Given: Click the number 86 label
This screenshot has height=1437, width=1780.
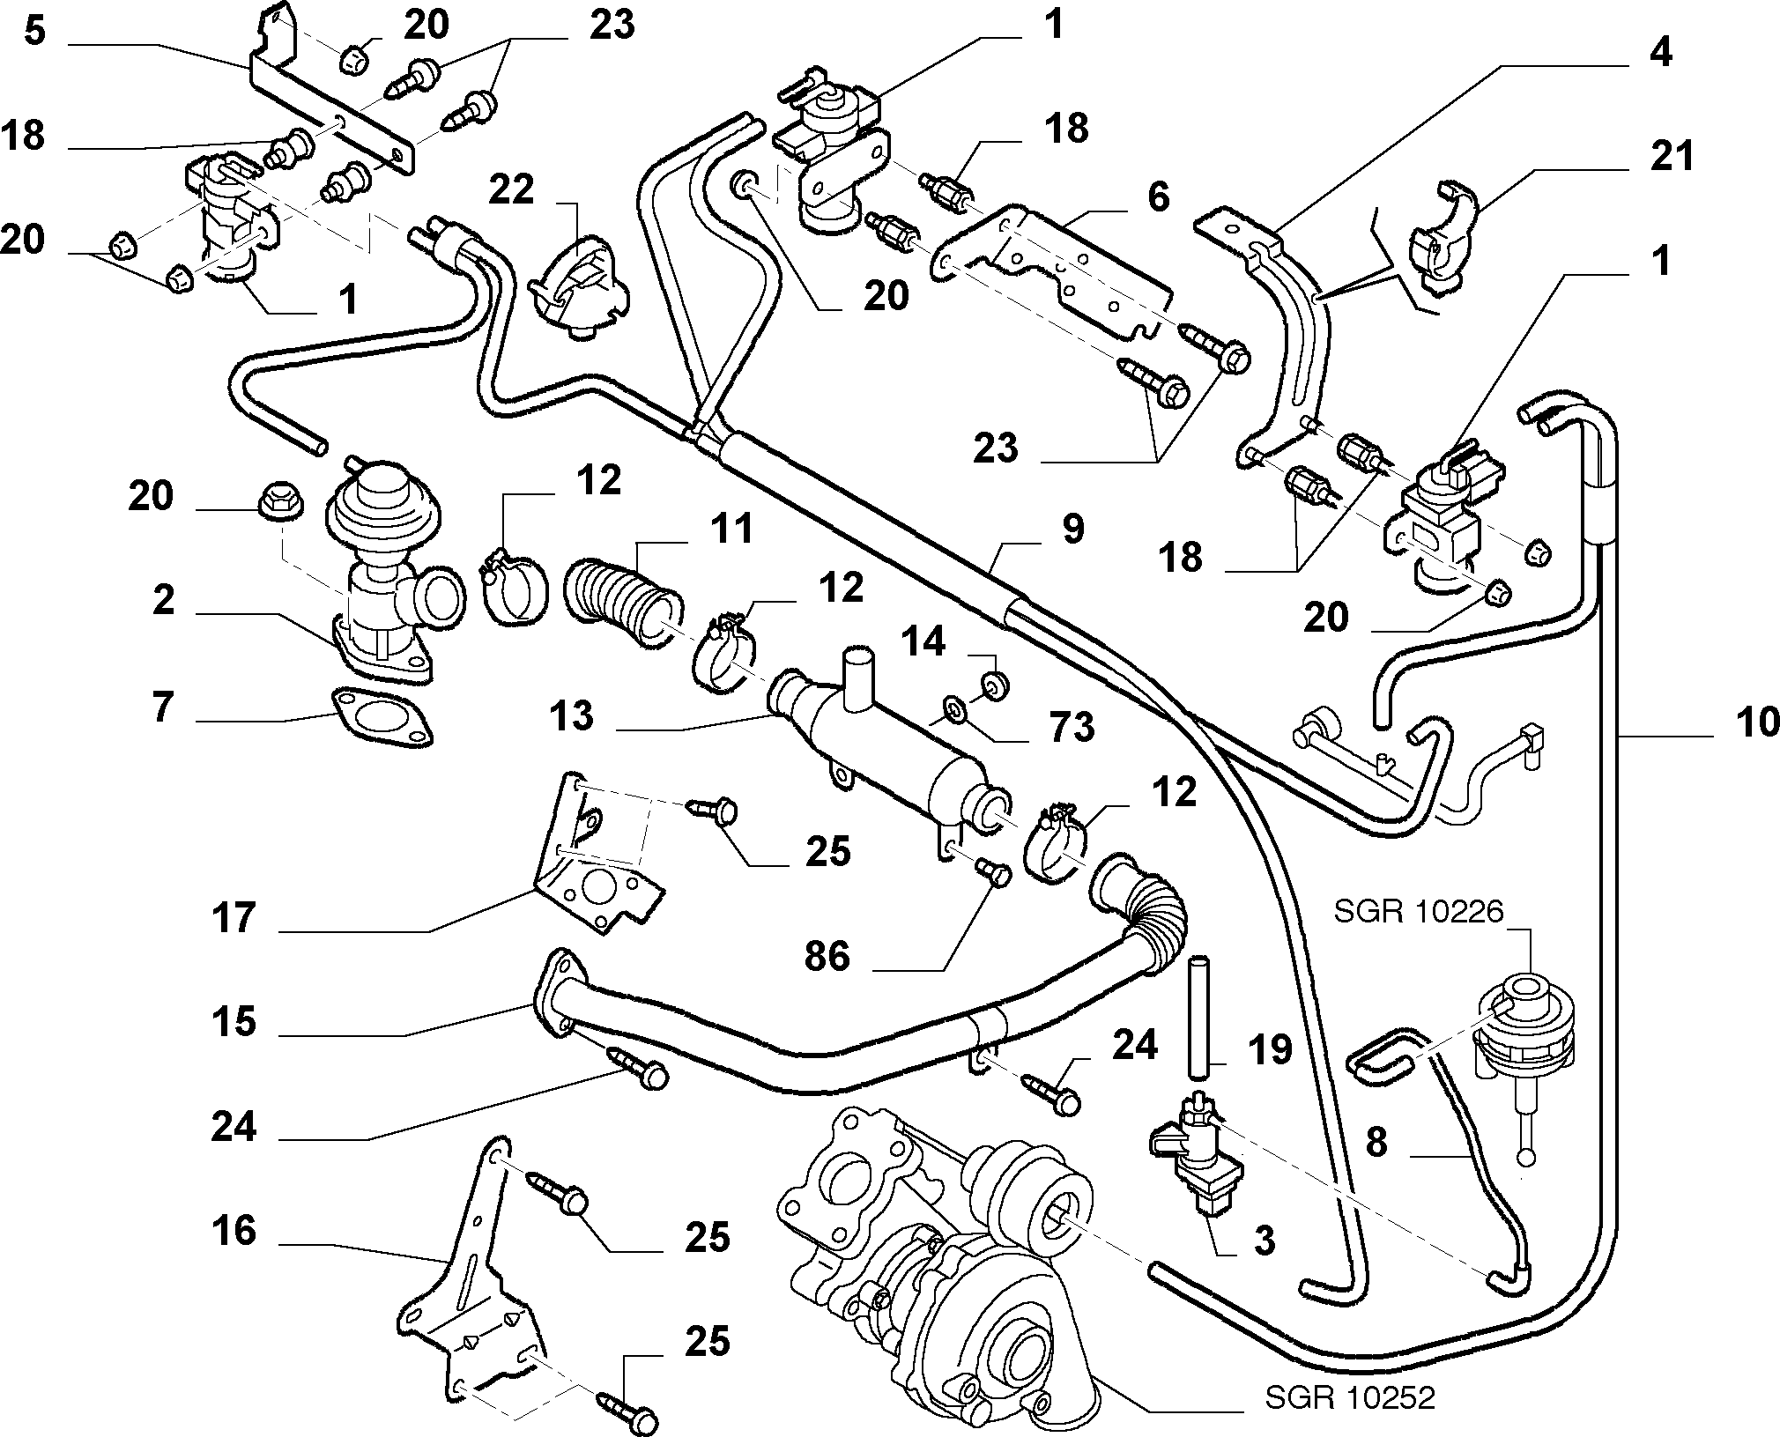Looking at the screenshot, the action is [x=827, y=956].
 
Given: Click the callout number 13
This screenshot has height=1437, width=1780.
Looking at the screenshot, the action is [x=572, y=715].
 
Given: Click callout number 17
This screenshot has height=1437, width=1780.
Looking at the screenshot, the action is [x=234, y=919].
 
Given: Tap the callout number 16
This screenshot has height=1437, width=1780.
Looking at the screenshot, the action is [x=234, y=1231].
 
